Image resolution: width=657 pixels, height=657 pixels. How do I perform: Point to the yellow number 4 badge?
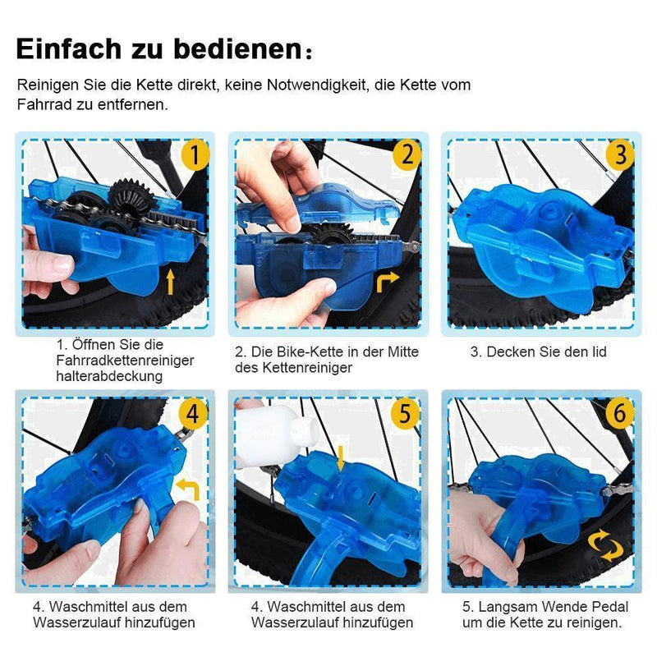click(194, 413)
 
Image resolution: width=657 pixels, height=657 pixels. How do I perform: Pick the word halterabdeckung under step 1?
click(110, 375)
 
